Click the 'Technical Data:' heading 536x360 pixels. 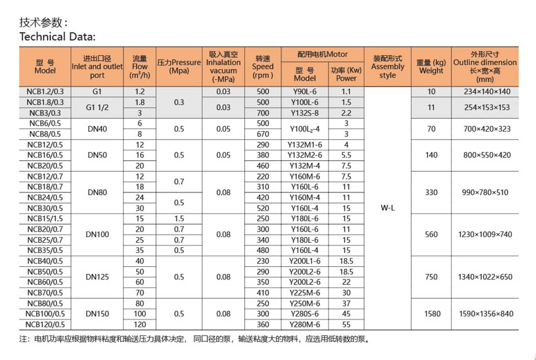tap(57, 37)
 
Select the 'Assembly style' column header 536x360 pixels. tap(387, 67)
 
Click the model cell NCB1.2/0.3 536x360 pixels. tap(45, 92)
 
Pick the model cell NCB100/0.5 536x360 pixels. tap(45, 314)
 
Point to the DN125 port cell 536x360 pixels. tap(97, 277)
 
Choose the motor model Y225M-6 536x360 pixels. tap(305, 293)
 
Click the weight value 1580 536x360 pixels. tap(432, 314)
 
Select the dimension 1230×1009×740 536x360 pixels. tap(485, 235)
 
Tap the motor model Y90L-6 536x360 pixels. tap(305, 92)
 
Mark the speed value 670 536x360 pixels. tap(262, 134)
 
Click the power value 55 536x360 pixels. tap(346, 324)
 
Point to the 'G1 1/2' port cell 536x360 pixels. tap(97, 108)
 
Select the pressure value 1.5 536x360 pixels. tap(178, 219)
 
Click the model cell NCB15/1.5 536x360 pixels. tap(45, 219)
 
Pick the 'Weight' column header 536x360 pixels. tap(431, 67)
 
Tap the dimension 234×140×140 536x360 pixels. tap(485, 92)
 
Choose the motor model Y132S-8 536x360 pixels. tap(305, 113)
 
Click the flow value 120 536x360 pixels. tap(140, 324)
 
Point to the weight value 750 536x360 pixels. tap(432, 277)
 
